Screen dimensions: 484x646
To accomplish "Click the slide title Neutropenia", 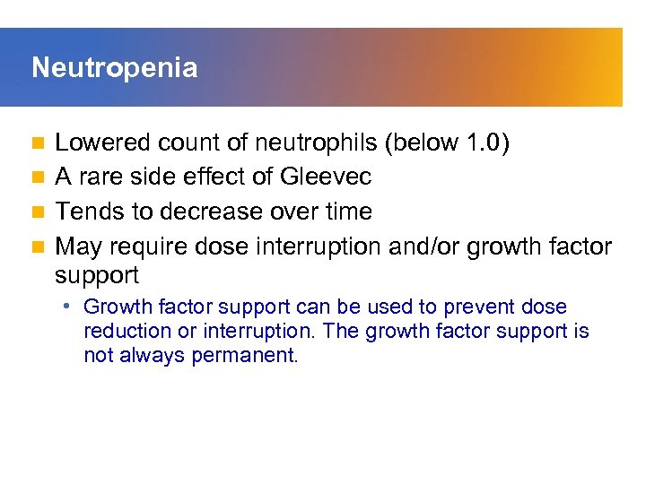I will point(114,68).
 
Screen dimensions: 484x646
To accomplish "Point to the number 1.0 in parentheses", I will point(485,143).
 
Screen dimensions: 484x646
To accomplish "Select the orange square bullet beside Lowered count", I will point(37,143).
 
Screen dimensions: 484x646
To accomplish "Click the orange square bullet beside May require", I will point(37,246).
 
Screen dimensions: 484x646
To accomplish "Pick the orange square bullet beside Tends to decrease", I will point(37,212).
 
